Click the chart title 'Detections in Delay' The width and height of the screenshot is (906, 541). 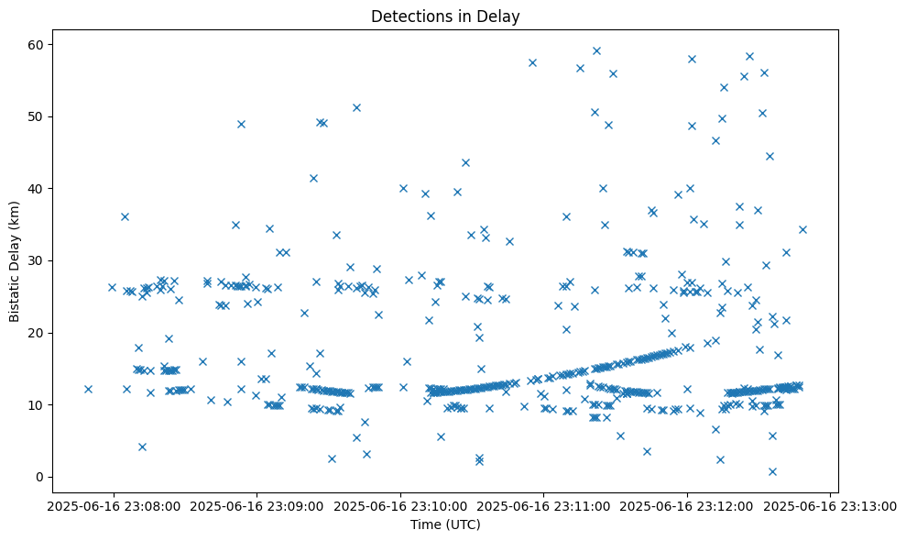pos(444,16)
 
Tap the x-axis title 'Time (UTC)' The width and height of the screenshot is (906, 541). pos(444,524)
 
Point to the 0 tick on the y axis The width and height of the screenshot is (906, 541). pos(40,477)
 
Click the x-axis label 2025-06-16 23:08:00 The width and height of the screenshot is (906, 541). pos(113,505)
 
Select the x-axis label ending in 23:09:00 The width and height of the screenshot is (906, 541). pos(257,505)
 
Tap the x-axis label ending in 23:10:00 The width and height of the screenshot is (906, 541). pos(400,505)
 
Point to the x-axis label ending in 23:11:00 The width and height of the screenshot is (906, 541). pos(543,505)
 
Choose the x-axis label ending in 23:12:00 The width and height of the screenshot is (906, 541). pos(687,505)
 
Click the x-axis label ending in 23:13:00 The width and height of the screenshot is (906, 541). pos(830,505)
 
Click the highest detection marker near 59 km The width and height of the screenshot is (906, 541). pos(596,50)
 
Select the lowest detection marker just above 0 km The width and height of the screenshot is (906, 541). pos(772,471)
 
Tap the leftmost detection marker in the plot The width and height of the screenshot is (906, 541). pos(88,389)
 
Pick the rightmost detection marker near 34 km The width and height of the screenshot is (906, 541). pos(802,229)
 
